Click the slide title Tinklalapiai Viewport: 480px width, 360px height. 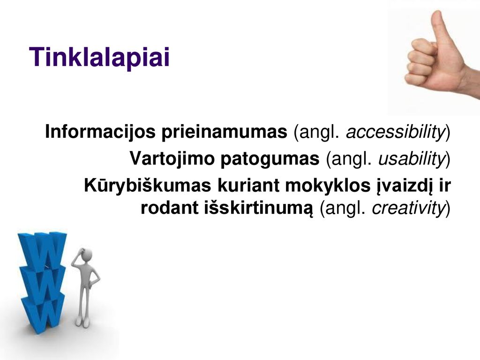pyautogui.click(x=99, y=57)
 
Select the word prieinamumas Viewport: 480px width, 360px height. pyautogui.click(x=225, y=132)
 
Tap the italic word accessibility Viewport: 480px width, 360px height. pyautogui.click(x=395, y=132)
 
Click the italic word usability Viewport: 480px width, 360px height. pyautogui.click(x=412, y=159)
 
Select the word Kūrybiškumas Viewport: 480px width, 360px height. pyautogui.click(x=148, y=186)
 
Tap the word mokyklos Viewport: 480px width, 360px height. pyautogui.click(x=328, y=186)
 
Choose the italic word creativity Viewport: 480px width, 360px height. pyautogui.click(x=408, y=208)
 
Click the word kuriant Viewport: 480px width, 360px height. pyautogui.click(x=248, y=186)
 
